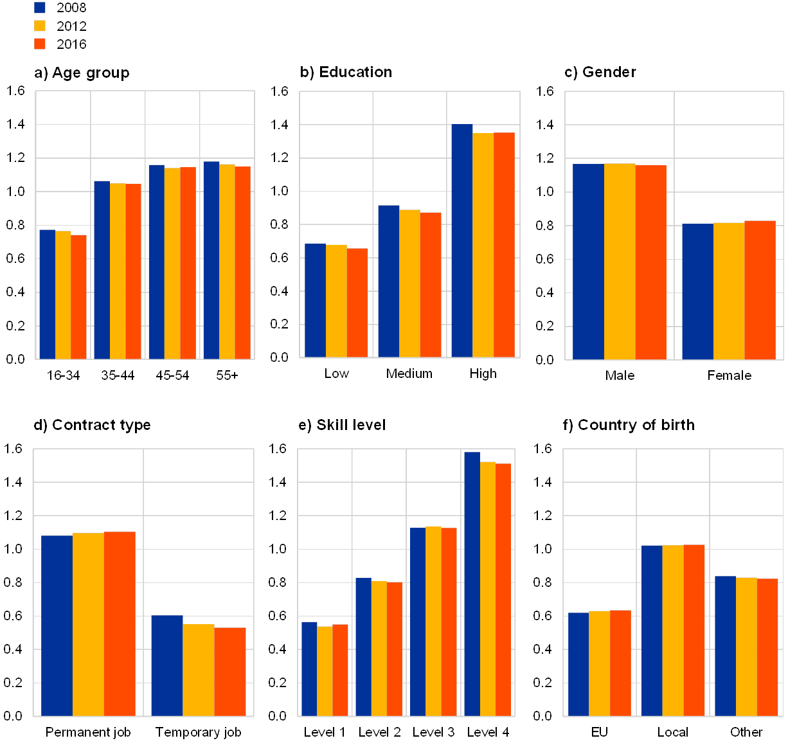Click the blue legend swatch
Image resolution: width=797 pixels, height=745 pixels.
point(40,7)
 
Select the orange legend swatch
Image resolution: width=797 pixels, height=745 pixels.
point(40,44)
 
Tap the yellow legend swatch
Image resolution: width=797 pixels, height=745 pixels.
point(40,26)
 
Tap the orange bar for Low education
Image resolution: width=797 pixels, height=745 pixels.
point(357,303)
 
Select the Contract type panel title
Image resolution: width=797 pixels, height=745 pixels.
point(92,426)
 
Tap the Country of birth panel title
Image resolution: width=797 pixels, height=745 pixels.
point(630,426)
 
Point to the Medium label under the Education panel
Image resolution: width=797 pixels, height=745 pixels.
point(409,373)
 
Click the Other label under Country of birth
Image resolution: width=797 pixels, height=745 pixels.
point(746,732)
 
